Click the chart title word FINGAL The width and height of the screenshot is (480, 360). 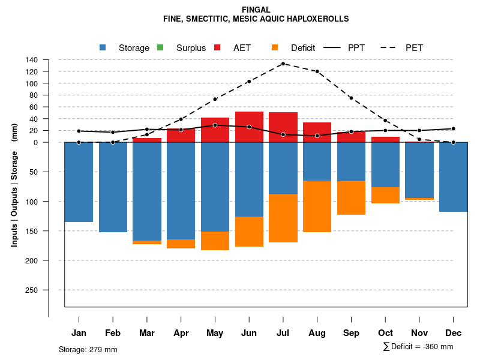[x=256, y=10]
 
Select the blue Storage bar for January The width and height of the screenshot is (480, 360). [x=79, y=182]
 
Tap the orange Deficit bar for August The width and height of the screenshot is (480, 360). [x=317, y=206]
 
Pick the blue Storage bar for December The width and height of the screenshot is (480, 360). [x=453, y=177]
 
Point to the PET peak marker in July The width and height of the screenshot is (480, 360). [x=283, y=64]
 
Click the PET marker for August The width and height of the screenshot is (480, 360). [x=317, y=71]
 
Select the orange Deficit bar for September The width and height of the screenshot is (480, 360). [x=351, y=198]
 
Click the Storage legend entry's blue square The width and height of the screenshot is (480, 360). [x=103, y=47]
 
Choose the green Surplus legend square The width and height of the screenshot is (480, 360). [x=160, y=47]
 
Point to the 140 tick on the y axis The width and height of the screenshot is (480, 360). [x=49, y=59]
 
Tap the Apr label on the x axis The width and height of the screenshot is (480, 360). [x=181, y=333]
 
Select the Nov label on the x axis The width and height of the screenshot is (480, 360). [x=419, y=333]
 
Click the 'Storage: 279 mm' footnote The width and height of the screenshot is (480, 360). [x=88, y=349]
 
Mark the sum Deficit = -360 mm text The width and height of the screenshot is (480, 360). [x=418, y=347]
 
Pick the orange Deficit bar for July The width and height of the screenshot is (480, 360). [x=283, y=218]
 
